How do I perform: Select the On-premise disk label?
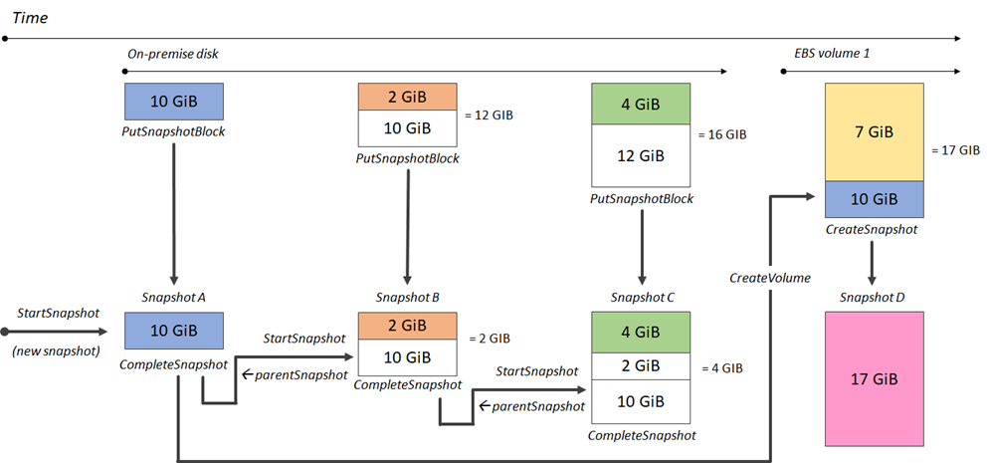pyautogui.click(x=173, y=55)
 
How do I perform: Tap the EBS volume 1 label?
pyautogui.click(x=832, y=55)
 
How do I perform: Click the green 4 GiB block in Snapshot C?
pyautogui.click(x=641, y=332)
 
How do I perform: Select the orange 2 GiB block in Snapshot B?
pyautogui.click(x=407, y=326)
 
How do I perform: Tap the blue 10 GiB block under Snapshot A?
pyautogui.click(x=173, y=331)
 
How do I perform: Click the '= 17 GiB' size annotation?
pyautogui.click(x=956, y=150)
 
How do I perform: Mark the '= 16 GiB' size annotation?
pyautogui.click(x=722, y=134)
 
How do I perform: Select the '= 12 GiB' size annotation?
pyautogui.click(x=489, y=116)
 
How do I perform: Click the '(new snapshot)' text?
pyautogui.click(x=58, y=349)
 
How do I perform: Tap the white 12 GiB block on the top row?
pyautogui.click(x=641, y=156)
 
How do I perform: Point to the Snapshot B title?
pyautogui.click(x=407, y=297)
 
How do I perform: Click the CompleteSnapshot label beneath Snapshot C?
pyautogui.click(x=641, y=435)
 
